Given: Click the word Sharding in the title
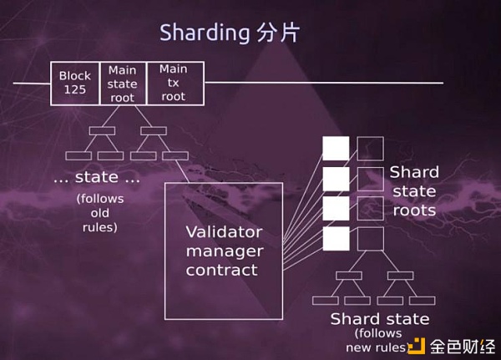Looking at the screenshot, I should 203,33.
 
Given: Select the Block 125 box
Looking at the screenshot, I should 75,83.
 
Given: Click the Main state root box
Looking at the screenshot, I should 123,83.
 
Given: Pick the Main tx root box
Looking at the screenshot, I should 174,83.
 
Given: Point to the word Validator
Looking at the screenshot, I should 224,231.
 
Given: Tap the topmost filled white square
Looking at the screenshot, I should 336,149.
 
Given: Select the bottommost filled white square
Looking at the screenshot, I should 336,239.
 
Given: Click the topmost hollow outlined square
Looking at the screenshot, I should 370,149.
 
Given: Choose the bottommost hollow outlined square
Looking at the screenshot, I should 370,239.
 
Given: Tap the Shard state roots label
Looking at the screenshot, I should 414,191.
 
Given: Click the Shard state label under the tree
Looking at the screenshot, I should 380,319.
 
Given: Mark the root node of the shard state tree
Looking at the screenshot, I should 350,275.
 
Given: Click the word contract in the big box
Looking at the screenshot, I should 221,270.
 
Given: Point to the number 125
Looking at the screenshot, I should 74,89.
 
